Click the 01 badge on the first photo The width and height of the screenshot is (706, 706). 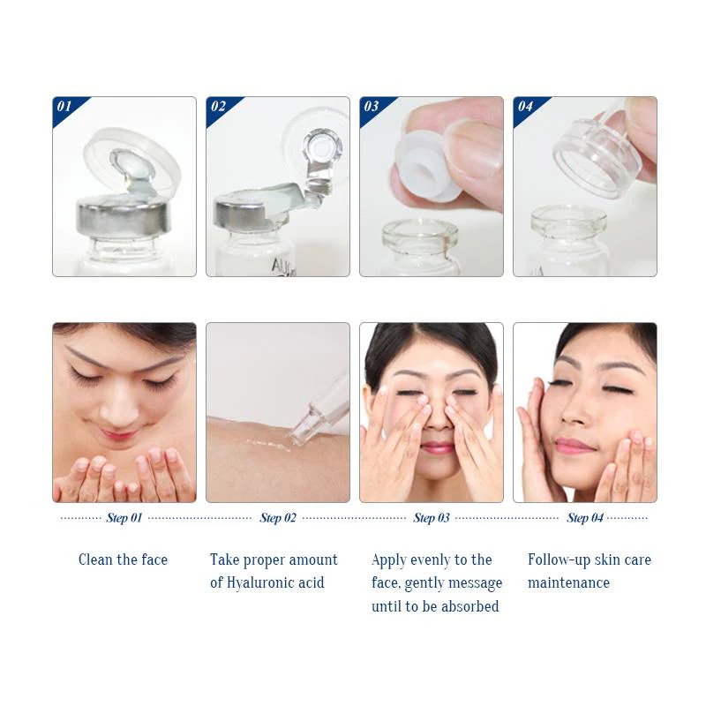[64, 107]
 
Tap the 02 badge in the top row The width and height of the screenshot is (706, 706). [217, 107]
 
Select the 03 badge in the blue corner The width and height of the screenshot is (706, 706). [371, 107]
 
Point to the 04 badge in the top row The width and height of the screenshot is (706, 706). [524, 107]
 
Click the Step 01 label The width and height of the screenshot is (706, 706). [124, 518]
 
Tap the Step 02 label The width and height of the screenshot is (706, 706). [277, 518]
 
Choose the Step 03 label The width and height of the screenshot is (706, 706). [431, 518]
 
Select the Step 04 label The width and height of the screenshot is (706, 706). [584, 518]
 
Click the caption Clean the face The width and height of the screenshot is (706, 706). [123, 560]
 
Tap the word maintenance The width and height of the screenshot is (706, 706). [568, 582]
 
